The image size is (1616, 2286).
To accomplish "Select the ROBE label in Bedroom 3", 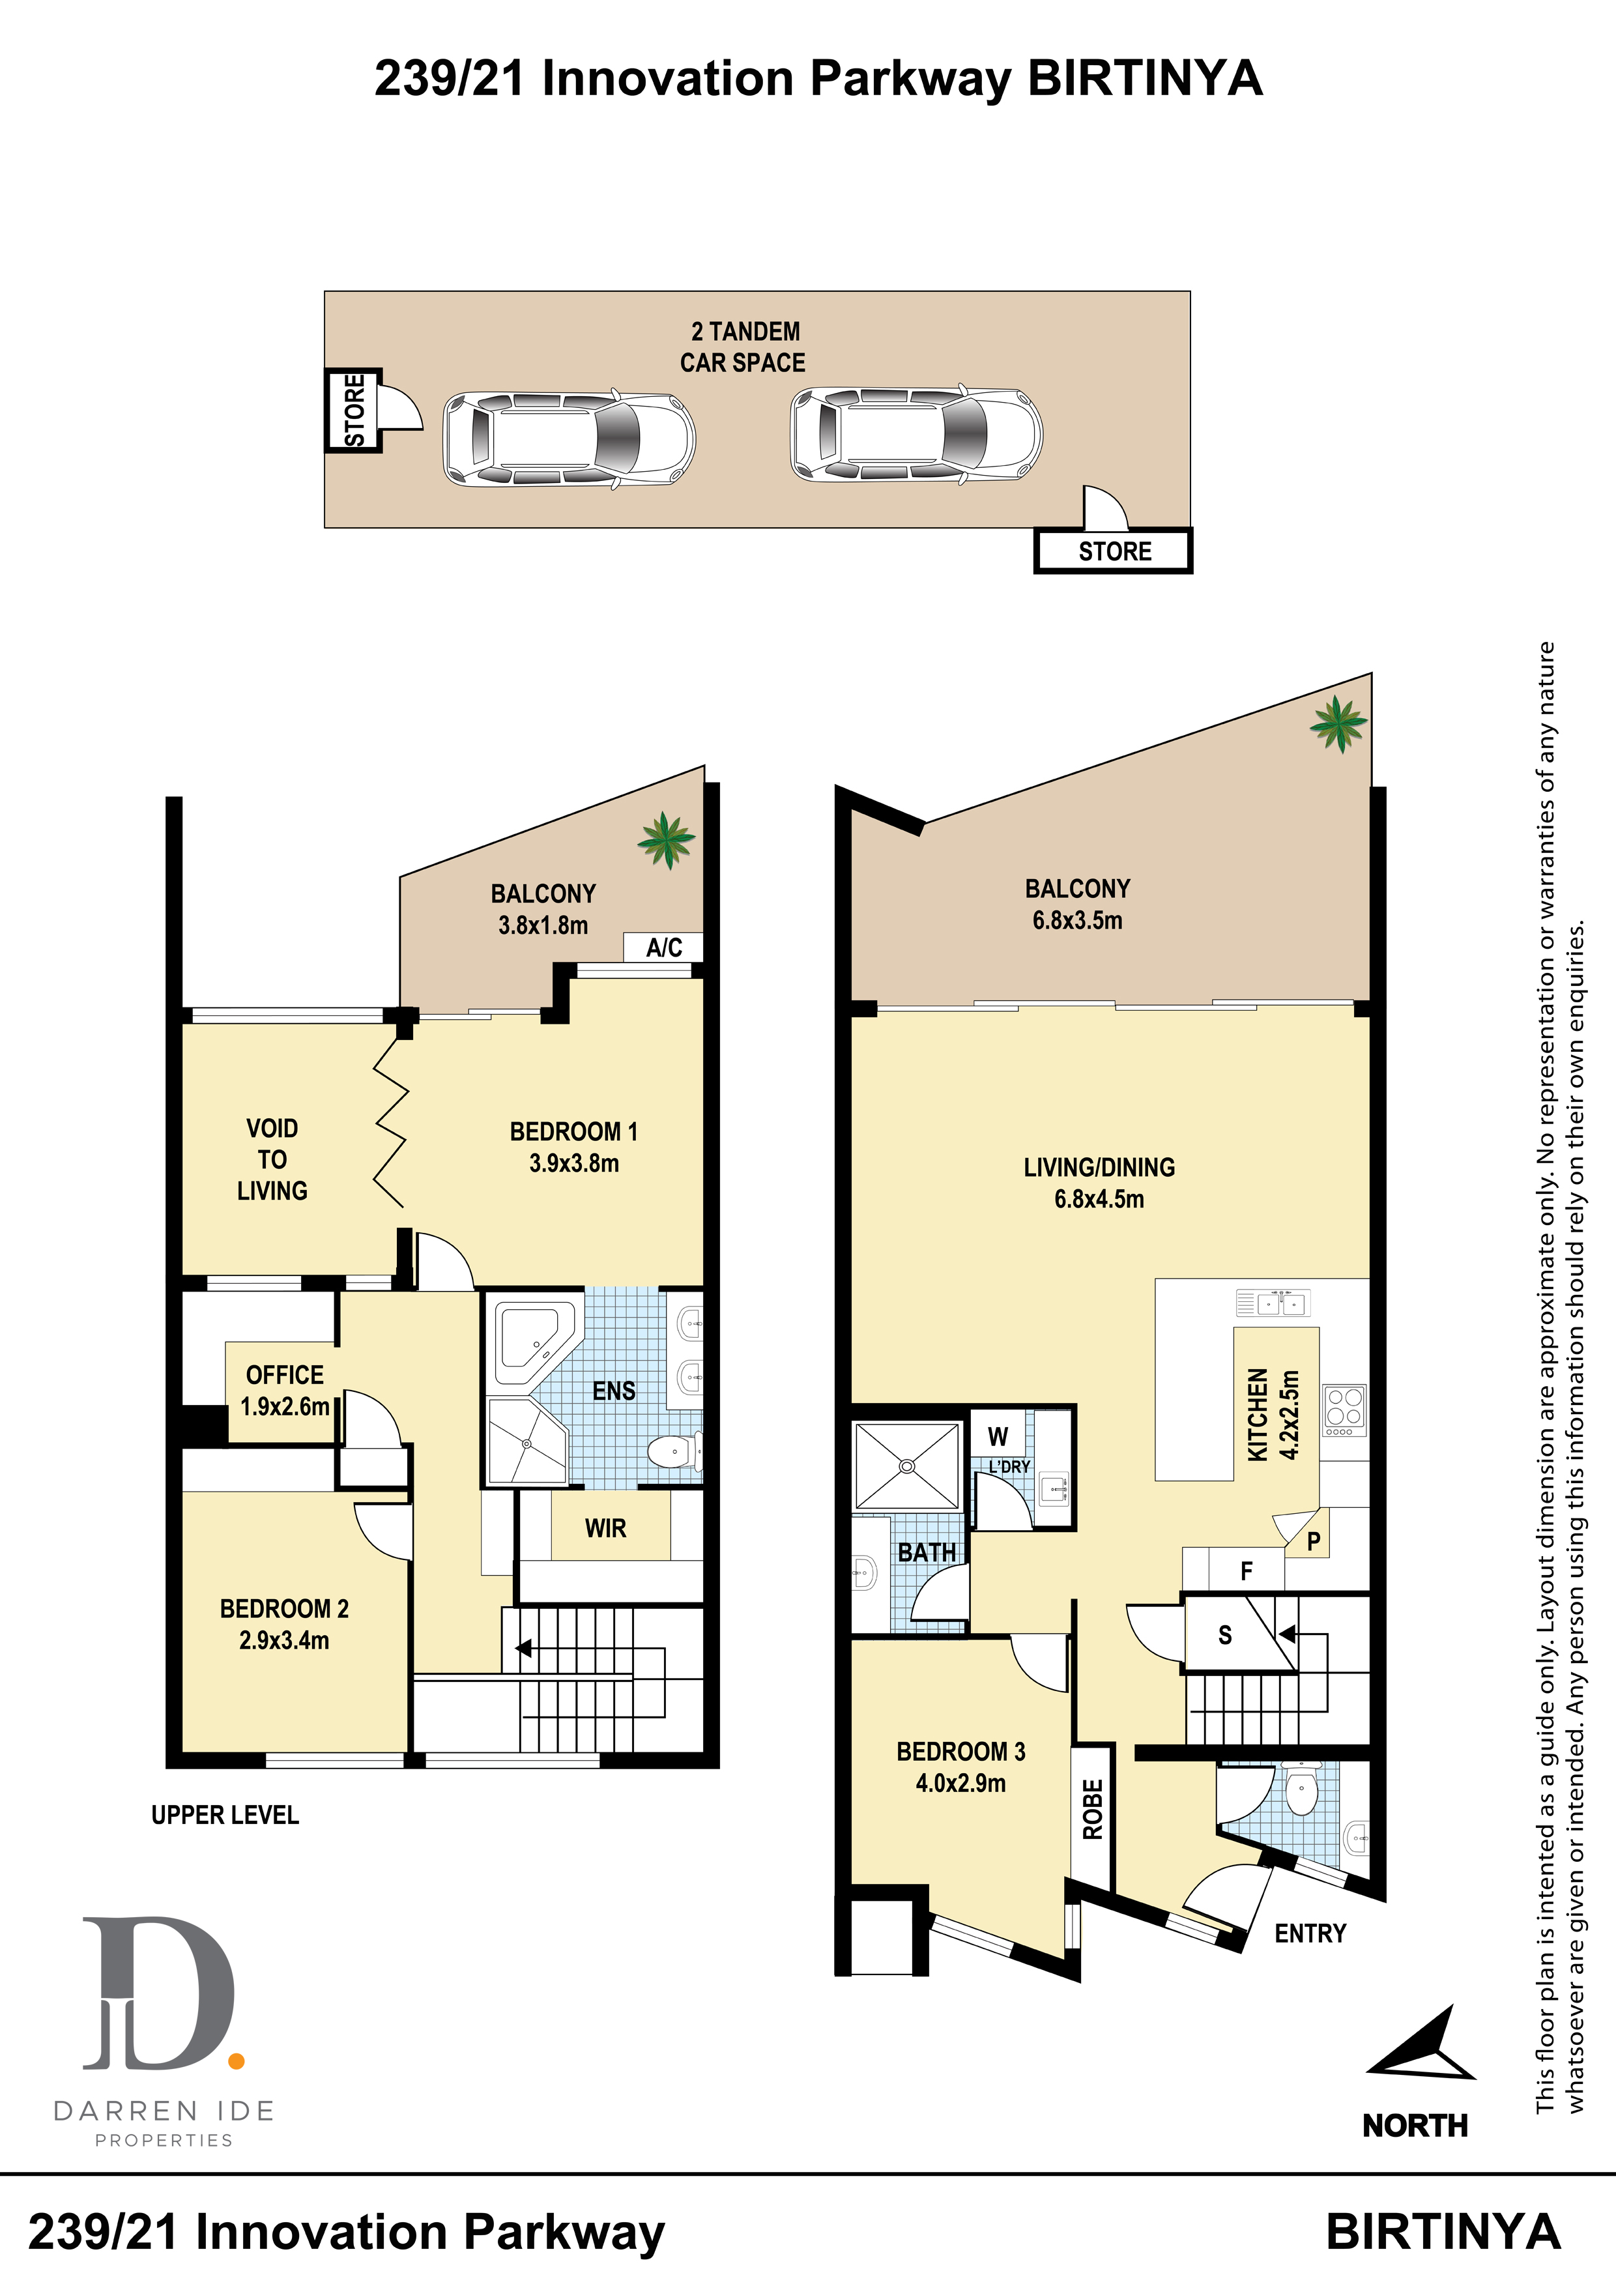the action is (1092, 1809).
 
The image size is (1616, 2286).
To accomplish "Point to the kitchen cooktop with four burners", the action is (1344, 1410).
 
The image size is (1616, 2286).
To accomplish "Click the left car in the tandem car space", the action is (569, 438).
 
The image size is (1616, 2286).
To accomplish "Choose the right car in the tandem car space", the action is (916, 434).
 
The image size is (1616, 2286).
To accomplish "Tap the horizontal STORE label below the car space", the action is (1114, 551).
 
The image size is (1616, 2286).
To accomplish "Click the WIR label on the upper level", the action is (605, 1528).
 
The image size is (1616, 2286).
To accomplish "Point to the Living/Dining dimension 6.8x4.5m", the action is (1099, 1199).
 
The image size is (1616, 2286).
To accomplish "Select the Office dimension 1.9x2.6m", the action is (285, 1407).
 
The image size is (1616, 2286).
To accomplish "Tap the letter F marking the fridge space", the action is (1246, 1571).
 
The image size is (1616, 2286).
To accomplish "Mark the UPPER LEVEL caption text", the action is (225, 1815).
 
